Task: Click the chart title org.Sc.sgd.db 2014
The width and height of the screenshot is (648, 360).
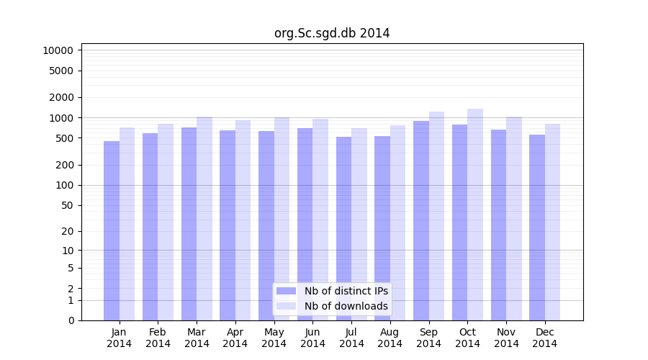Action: pos(332,33)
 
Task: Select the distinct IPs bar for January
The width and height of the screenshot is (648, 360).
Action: pos(112,230)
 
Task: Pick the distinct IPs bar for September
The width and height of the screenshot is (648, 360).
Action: pos(421,220)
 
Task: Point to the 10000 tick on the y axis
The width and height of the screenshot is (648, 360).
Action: pos(58,50)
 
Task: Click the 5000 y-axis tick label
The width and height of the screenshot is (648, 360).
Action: pos(60,71)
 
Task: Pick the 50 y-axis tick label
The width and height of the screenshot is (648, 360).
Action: pos(66,205)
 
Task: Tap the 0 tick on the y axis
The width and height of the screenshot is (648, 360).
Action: pos(71,320)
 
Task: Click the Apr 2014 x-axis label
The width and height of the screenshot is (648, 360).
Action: pos(235,338)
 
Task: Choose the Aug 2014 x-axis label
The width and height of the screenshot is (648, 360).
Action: pos(390,338)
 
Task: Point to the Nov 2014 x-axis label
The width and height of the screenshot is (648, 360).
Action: pos(506,338)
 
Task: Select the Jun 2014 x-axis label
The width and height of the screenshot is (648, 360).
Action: pos(312,338)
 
